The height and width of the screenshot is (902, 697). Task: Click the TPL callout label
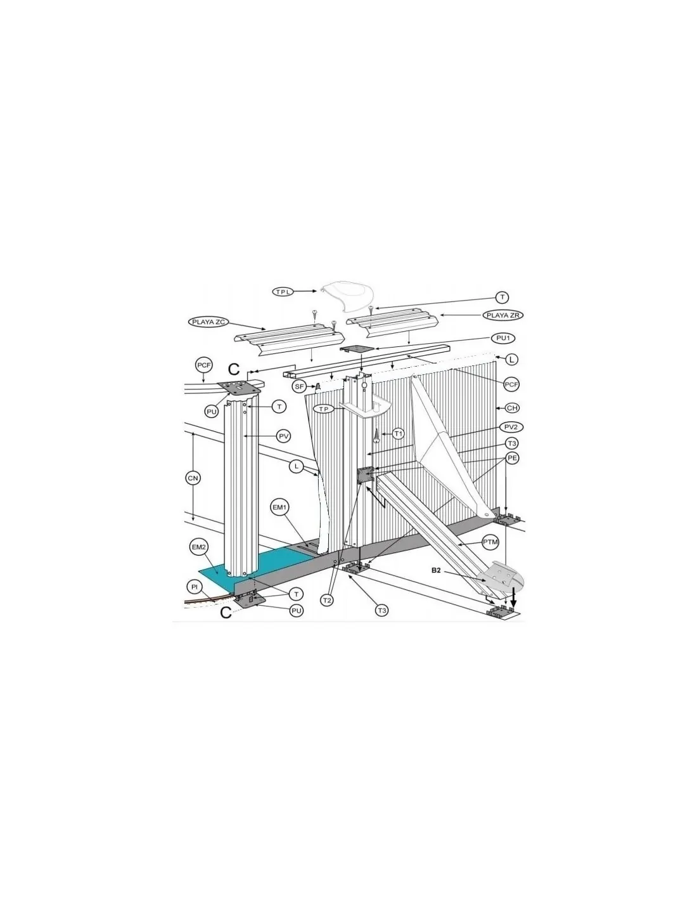point(283,292)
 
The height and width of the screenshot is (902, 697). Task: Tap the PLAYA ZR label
point(503,315)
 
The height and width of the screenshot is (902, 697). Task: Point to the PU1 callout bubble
point(503,338)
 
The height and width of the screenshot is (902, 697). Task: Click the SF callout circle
point(299,386)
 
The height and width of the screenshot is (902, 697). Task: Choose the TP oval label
point(326,409)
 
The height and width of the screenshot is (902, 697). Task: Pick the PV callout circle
point(284,436)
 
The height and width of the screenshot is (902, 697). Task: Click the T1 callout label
point(398,434)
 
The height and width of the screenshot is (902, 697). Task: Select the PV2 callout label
point(511,427)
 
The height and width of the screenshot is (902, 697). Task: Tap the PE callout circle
point(513,458)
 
